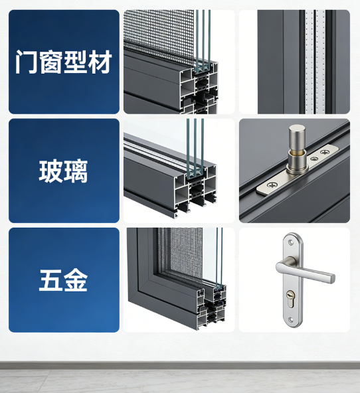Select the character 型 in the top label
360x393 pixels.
pos(75,62)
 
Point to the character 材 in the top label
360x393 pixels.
pos(100,62)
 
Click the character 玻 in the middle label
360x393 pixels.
pos(50,171)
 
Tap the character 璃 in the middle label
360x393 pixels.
pos(75,171)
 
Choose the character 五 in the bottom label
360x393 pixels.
pos(50,280)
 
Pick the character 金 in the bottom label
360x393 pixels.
pos(75,280)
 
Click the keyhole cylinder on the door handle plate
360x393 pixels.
pos(290,298)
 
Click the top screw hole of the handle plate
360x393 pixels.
pos(290,242)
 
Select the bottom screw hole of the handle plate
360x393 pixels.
pos(290,320)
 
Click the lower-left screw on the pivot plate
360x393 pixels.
pos(272,185)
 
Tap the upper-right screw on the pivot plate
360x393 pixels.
pos(325,152)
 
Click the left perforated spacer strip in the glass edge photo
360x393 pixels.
pos(310,62)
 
